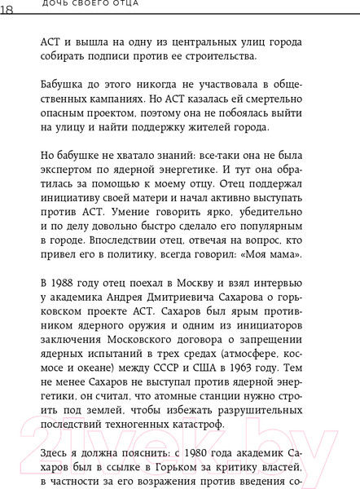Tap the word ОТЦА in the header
pyautogui.click(x=122, y=4)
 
